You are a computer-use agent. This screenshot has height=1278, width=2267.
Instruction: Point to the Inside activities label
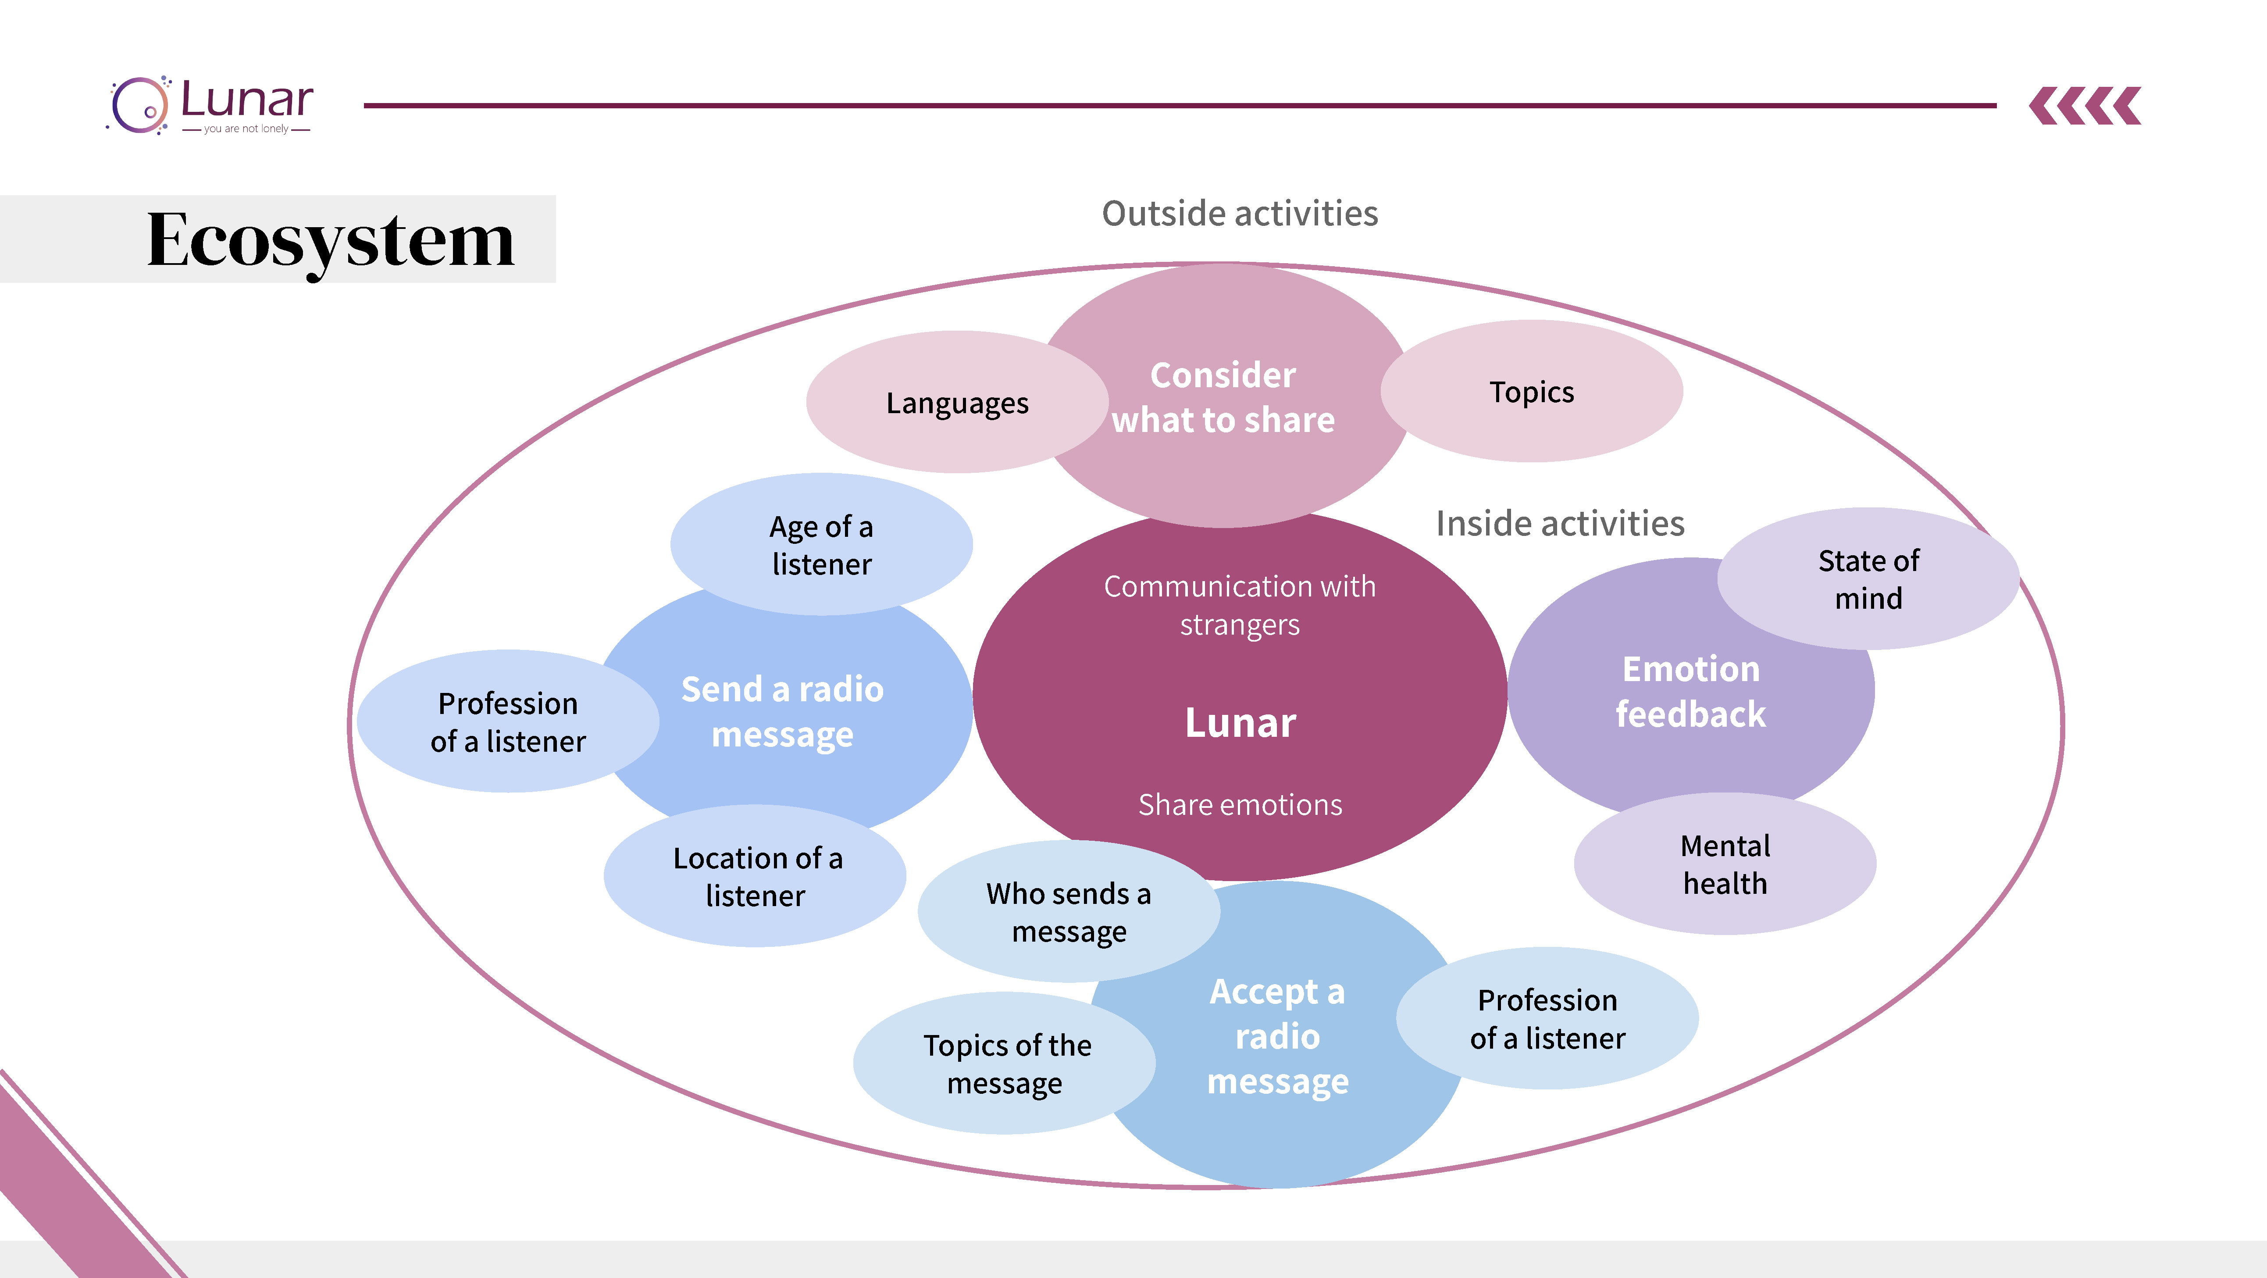click(x=1559, y=524)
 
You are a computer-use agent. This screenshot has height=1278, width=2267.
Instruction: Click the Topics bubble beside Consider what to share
click(x=1531, y=392)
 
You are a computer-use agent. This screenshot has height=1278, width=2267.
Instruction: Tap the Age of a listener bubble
click(x=821, y=545)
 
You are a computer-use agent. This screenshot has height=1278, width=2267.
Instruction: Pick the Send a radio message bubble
click(x=782, y=711)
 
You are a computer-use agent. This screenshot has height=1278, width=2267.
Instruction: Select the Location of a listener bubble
click(x=756, y=877)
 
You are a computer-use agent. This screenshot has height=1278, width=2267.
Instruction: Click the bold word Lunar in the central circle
click(x=1240, y=723)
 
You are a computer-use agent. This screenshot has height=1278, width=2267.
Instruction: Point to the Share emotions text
click(x=1240, y=804)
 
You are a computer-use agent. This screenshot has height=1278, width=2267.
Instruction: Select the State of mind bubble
click(x=1868, y=579)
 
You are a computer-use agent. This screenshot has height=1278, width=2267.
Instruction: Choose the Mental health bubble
click(x=1725, y=864)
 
